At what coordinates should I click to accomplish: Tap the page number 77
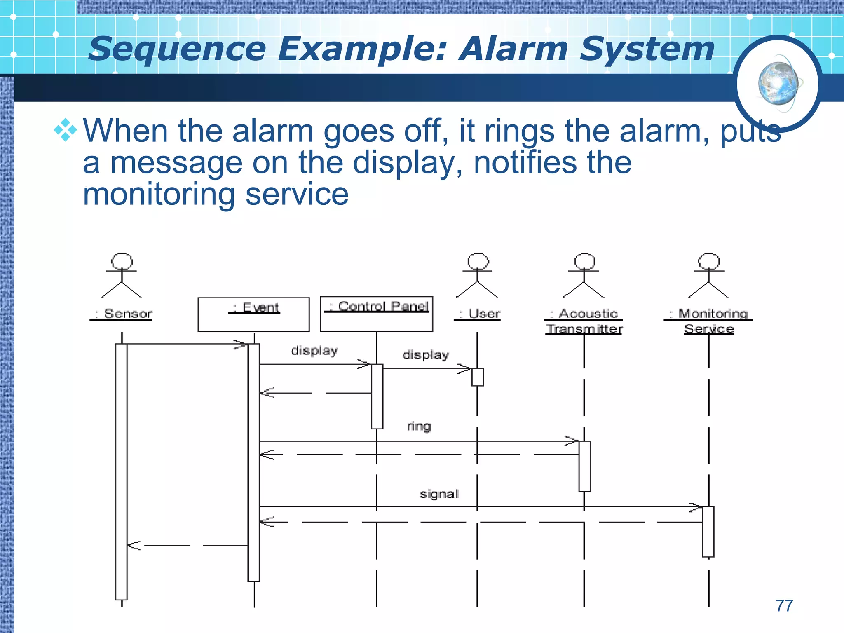784,606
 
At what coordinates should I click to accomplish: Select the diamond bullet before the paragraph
65,131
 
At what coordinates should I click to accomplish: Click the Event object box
253,314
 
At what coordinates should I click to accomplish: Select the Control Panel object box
376,314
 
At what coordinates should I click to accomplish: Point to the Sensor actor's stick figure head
122,261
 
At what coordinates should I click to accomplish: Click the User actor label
478,314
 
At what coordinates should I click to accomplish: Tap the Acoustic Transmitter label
584,321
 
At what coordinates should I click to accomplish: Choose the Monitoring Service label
708,321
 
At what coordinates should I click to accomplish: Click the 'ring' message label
419,426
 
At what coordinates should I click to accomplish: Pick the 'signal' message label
439,494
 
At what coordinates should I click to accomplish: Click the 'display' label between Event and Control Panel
314,351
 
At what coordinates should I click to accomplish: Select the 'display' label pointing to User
425,355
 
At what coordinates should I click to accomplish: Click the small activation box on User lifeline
478,377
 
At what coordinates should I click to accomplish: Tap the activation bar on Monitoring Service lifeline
708,532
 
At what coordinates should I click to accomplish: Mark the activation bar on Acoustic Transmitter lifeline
584,466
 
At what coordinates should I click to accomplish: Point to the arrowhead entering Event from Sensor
241,345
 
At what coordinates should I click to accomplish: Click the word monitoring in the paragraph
159,194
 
